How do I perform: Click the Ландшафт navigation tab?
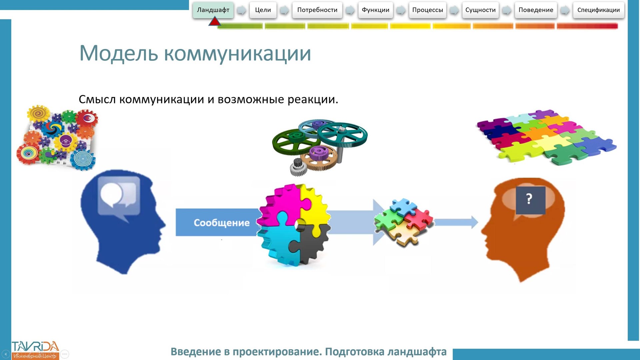point(213,10)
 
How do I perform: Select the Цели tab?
point(263,10)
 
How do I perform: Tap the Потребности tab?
point(317,10)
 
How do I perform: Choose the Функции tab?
point(375,10)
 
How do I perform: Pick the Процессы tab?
point(427,10)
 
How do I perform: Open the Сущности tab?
point(480,10)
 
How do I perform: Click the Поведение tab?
point(536,10)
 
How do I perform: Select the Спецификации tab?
point(598,10)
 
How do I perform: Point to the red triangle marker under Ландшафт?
point(215,22)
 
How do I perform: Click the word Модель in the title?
point(118,53)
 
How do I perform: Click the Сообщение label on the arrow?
point(222,223)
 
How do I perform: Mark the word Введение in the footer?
point(196,352)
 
